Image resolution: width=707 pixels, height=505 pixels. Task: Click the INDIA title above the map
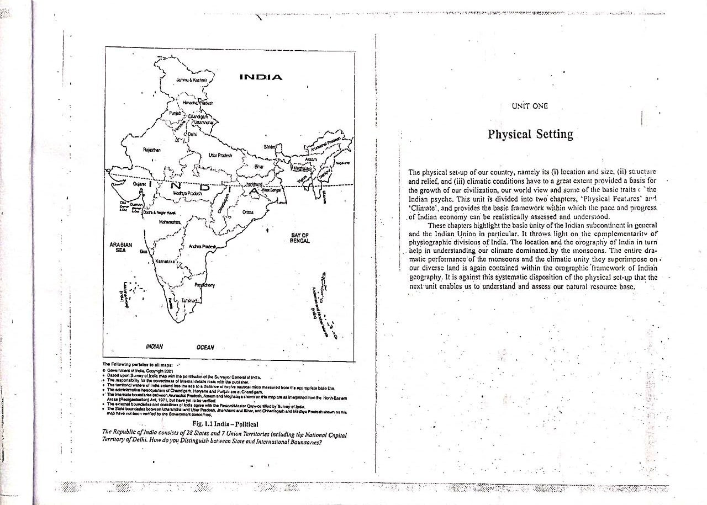(261, 76)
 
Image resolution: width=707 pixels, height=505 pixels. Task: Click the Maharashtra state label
(170, 221)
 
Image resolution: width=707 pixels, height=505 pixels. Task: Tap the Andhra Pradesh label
(201, 246)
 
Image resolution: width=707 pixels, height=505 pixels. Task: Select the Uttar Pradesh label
(220, 155)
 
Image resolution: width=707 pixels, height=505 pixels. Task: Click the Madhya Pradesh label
(186, 194)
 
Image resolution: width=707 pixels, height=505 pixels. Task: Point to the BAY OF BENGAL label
(299, 238)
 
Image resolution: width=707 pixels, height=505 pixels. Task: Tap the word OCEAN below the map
(205, 347)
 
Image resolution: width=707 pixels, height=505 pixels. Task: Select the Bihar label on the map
(259, 166)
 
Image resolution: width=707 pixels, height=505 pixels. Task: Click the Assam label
(312, 159)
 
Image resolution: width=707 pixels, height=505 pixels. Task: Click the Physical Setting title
(530, 134)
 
